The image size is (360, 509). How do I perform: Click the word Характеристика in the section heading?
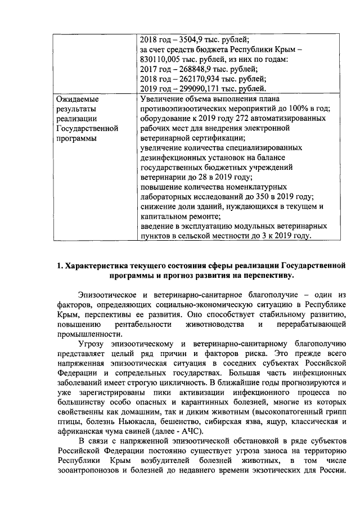pos(100,265)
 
